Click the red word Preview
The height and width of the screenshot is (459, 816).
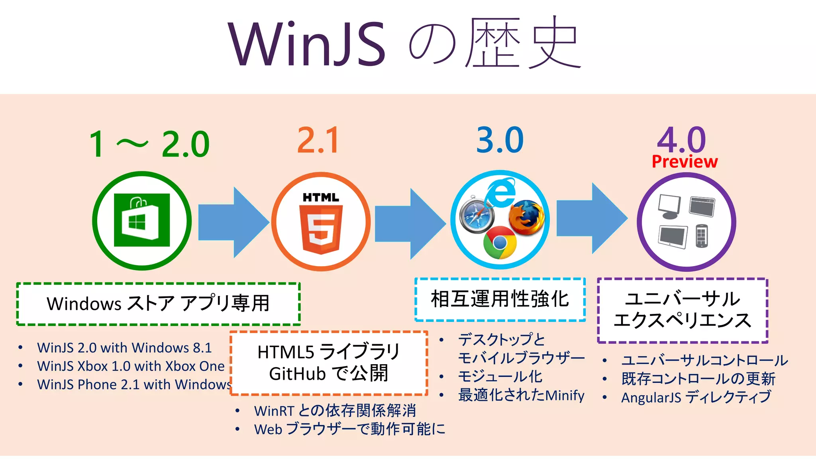685,162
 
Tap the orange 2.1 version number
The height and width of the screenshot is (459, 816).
318,140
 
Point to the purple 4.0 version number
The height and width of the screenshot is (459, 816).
681,139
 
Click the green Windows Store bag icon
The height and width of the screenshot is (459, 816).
142,220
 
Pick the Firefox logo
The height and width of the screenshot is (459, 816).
527,217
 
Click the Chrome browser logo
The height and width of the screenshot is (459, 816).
500,243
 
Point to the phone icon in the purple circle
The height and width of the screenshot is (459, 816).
702,236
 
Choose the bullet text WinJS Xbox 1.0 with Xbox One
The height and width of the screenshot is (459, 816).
131,366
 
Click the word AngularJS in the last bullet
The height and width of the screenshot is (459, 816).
651,398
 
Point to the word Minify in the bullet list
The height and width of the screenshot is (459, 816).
565,395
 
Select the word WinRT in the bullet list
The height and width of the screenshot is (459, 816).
274,411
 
